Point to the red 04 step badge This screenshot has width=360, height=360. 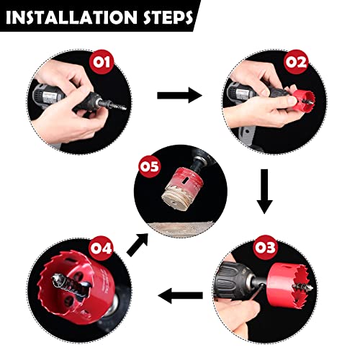(102, 248)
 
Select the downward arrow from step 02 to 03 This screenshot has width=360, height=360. (264, 191)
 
